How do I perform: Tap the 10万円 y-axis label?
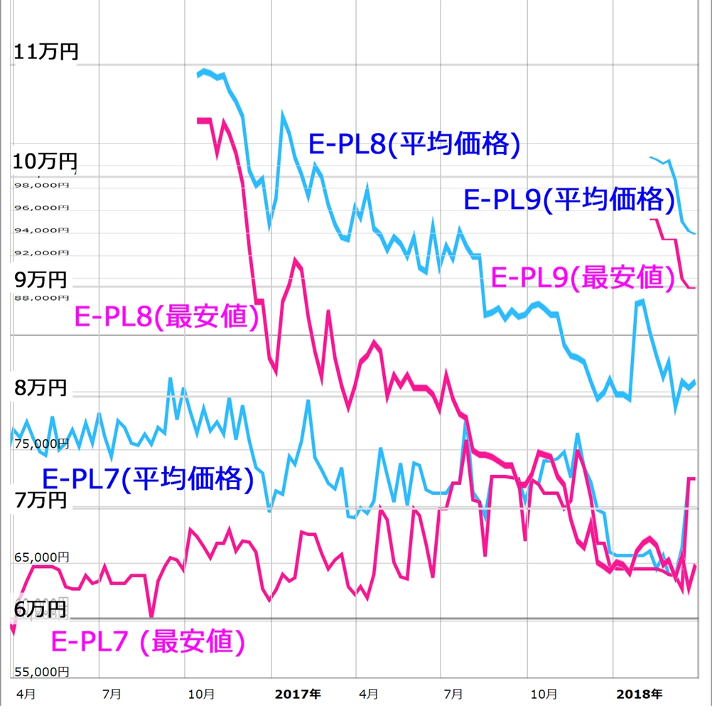45,162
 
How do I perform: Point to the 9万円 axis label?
41,279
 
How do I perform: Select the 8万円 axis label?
41,388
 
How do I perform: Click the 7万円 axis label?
41,500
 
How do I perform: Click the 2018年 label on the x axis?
639,693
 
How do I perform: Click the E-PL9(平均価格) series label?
568,200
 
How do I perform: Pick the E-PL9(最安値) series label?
583,277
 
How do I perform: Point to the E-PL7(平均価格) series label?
148,478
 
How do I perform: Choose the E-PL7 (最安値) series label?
149,642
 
